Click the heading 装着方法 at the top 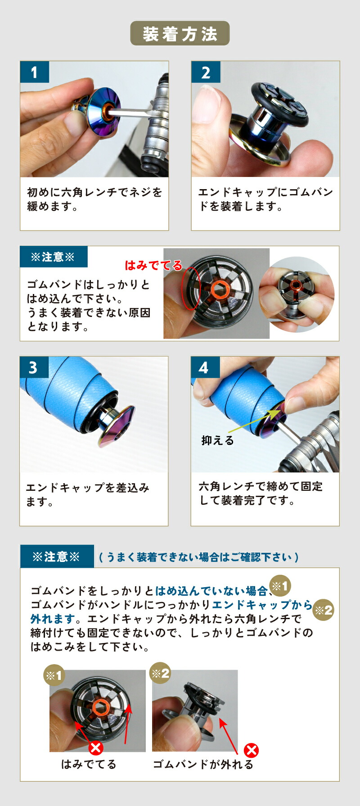[180, 34]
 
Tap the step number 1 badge [34, 72]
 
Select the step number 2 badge [206, 72]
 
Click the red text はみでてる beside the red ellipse [153, 265]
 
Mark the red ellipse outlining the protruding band [190, 289]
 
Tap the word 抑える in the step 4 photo [218, 440]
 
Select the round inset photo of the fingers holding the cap [296, 293]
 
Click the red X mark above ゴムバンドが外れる [251, 751]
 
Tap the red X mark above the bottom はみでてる [96, 748]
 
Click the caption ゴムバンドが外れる [203, 765]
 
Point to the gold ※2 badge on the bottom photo [160, 673]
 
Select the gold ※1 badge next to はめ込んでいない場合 [280, 586]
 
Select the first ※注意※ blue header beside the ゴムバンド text [53, 257]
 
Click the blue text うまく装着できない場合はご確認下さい [198, 557]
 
